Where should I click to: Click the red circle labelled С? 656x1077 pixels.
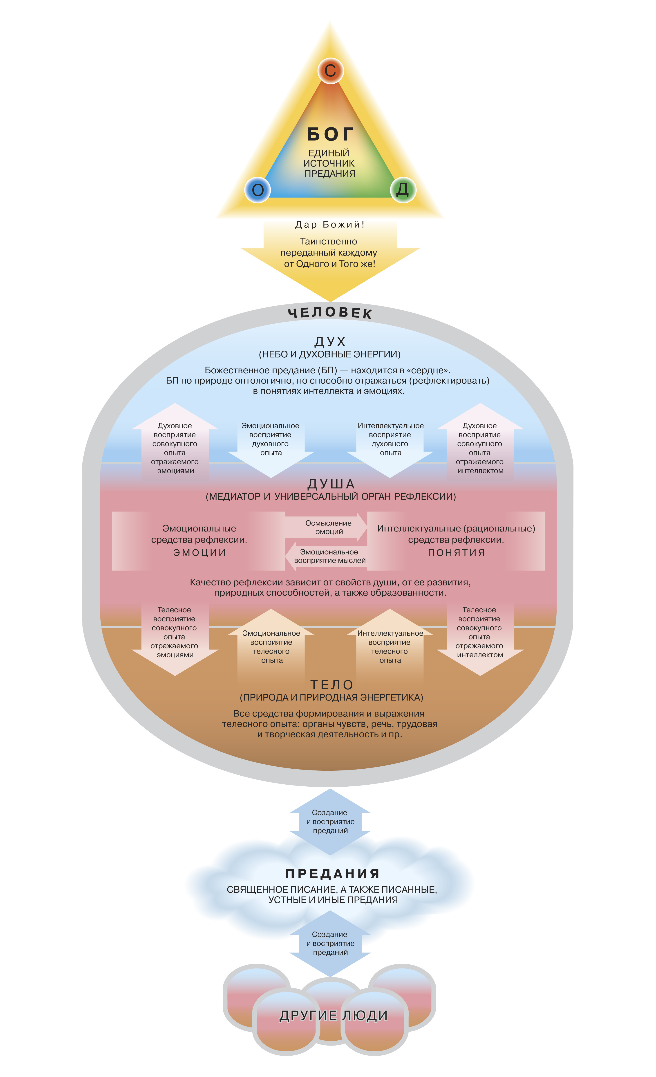pos(330,70)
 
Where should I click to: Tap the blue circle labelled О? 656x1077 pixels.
pos(257,190)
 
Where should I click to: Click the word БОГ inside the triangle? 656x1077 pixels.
pos(330,134)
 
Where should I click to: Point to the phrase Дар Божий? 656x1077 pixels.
pos(330,225)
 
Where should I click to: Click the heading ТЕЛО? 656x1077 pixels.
pos(331,685)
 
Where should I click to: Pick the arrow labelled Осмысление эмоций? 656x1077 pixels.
pos(328,527)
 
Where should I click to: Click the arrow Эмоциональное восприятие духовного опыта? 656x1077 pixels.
pos(271,441)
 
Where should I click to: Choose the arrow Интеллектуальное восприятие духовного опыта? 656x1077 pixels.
pos(390,441)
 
